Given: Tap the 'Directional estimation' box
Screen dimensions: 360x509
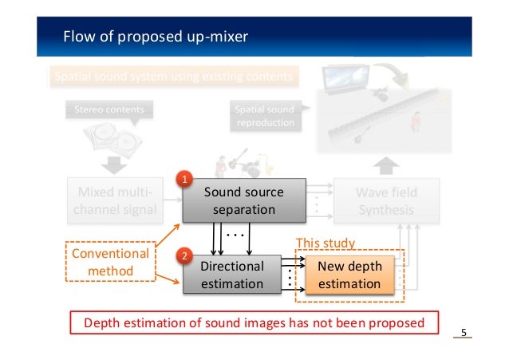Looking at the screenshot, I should point(231,275).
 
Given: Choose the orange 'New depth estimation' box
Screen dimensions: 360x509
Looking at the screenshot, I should point(349,275).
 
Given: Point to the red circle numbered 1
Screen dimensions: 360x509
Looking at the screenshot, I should point(184,179).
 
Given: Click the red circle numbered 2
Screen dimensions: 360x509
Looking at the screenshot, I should point(184,256).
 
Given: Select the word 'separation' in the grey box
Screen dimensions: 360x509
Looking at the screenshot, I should point(243,211).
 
